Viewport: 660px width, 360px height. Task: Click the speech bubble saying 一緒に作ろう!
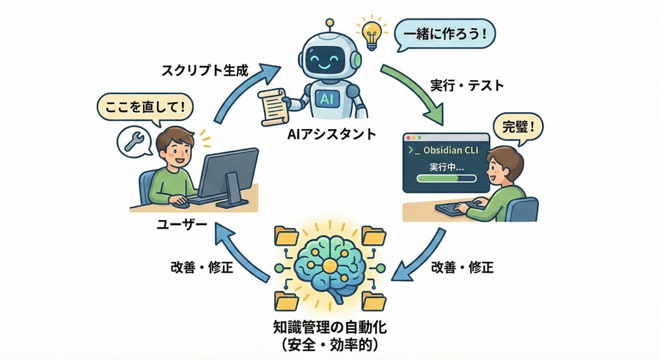443,34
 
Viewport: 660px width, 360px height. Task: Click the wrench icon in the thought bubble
133,144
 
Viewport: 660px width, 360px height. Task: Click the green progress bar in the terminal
445,177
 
